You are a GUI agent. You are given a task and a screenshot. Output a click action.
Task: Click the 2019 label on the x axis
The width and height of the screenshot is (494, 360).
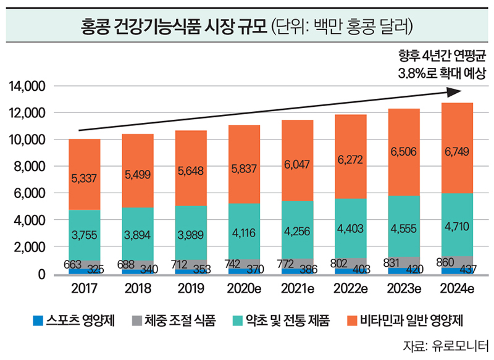tap(191, 289)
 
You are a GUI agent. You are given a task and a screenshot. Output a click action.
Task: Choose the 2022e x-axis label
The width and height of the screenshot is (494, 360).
tap(351, 289)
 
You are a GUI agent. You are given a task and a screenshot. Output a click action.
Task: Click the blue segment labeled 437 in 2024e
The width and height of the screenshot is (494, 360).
tap(457, 270)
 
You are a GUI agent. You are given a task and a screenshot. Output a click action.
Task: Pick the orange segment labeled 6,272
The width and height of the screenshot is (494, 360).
tap(351, 159)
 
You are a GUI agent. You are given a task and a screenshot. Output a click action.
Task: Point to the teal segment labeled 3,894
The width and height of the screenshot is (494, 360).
tap(138, 235)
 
